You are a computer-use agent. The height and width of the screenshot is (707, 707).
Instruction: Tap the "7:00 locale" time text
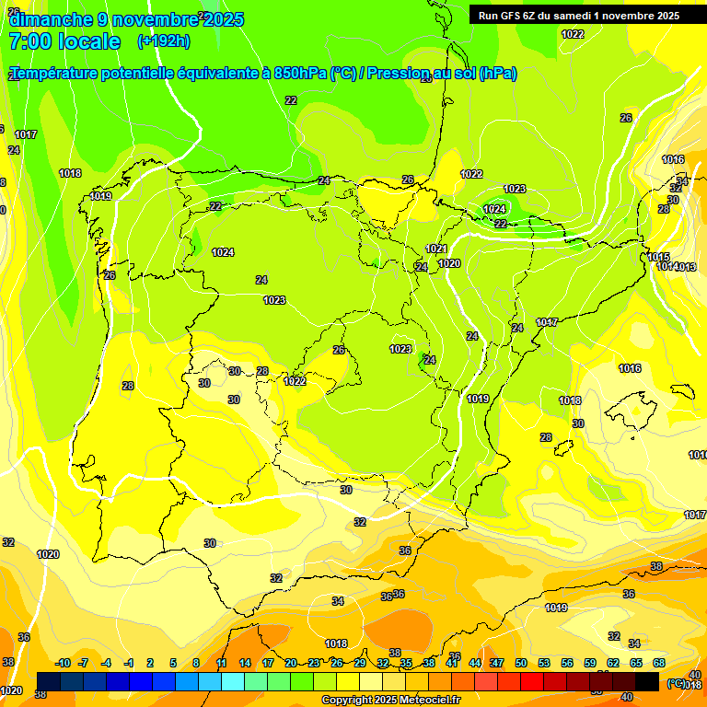[64, 41]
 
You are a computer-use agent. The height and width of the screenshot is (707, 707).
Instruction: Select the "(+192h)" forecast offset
[163, 41]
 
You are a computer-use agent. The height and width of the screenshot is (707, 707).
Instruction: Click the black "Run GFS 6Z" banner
[578, 15]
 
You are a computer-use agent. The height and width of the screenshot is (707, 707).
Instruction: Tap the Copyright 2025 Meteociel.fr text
[391, 701]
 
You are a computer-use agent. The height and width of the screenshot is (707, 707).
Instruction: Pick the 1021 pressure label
[436, 249]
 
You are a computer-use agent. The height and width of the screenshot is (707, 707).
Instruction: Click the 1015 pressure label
[658, 257]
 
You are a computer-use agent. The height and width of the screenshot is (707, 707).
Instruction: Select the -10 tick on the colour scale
[63, 663]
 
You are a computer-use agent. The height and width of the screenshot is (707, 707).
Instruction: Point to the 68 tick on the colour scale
[659, 663]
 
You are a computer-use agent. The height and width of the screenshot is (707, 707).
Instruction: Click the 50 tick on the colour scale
[521, 663]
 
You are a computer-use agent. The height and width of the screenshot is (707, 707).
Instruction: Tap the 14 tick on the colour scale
[245, 663]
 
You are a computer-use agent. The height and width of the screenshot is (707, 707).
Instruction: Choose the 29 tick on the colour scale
[360, 663]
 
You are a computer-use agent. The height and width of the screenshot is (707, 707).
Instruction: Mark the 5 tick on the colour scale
[174, 663]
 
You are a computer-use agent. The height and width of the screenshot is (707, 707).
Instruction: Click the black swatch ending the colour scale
[647, 681]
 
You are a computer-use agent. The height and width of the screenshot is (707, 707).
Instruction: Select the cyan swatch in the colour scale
[233, 681]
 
